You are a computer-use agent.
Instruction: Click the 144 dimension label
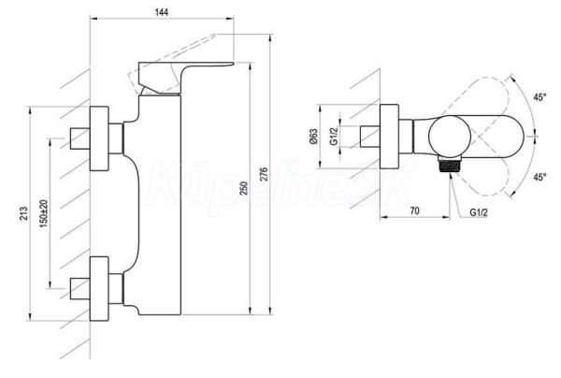162,12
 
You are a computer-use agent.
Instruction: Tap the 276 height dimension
264,174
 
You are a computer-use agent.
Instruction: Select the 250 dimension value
244,188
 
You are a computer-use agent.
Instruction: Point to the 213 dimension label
23,213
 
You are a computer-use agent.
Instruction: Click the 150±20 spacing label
44,213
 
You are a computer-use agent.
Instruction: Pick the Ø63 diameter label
313,137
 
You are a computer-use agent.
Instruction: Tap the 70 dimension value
414,211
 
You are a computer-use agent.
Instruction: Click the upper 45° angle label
539,97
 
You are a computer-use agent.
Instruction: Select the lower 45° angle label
539,177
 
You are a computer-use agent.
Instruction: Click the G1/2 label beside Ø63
334,137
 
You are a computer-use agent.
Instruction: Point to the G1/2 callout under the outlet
479,212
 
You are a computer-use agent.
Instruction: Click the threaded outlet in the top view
450,166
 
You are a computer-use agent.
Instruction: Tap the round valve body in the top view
450,137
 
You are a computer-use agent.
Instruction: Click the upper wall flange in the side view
99,138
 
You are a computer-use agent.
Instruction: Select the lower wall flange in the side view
99,288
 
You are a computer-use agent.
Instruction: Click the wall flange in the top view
389,137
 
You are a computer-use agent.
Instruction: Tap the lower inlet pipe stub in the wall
79,289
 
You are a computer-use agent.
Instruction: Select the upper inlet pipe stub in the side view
79,138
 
